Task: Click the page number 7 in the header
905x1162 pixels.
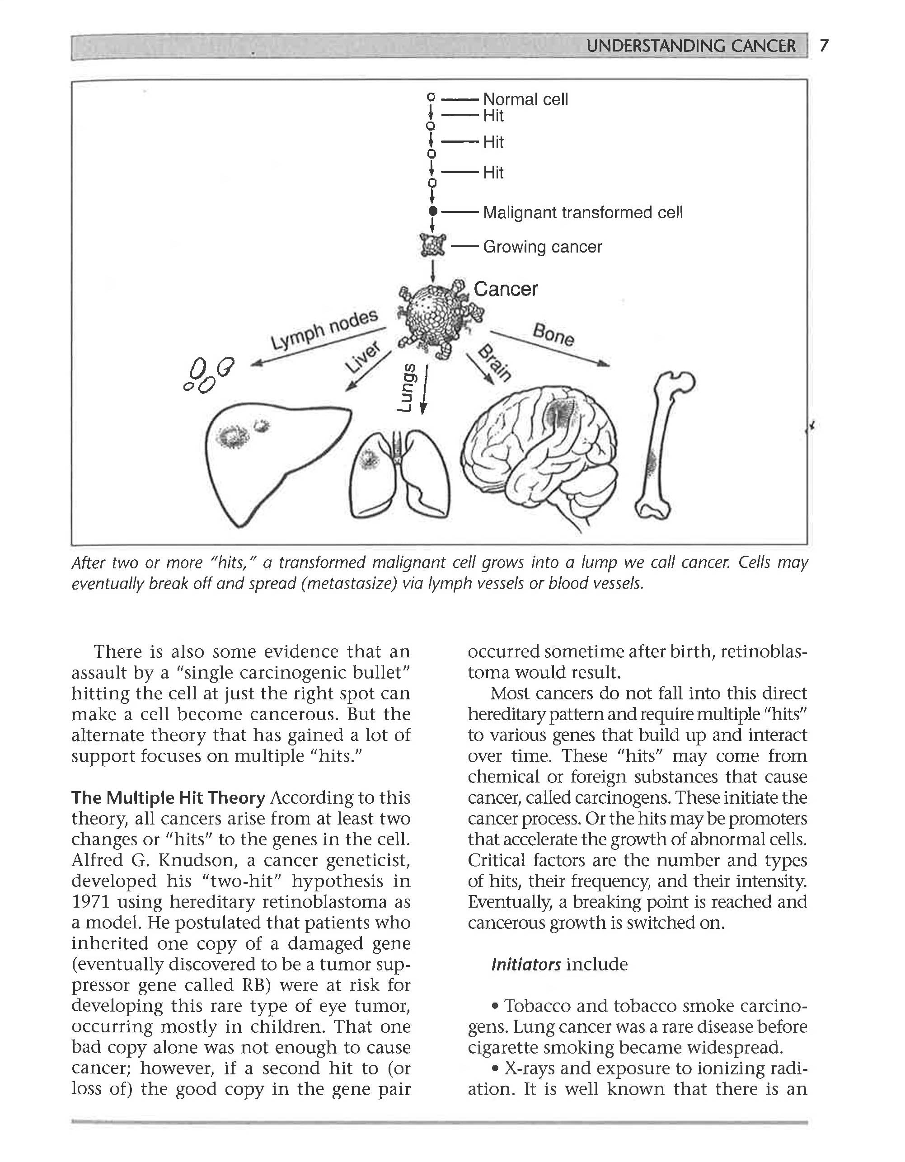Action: pyautogui.click(x=824, y=46)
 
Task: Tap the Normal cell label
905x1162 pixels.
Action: pyautogui.click(x=525, y=99)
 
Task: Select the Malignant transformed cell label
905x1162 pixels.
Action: pyautogui.click(x=582, y=213)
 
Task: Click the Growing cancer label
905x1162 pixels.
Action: pyautogui.click(x=542, y=247)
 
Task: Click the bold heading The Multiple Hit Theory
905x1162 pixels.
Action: pyautogui.click(x=168, y=797)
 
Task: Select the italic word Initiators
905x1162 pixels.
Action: pyautogui.click(x=525, y=964)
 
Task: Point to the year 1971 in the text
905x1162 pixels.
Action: pyautogui.click(x=90, y=902)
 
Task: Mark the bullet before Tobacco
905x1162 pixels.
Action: pyautogui.click(x=495, y=1006)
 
